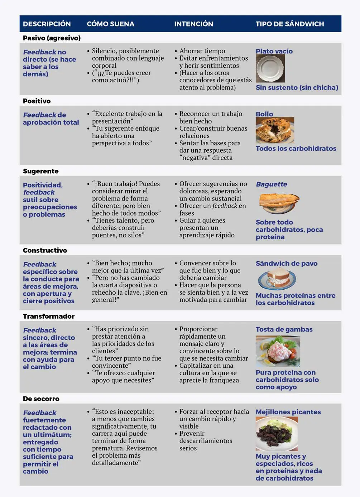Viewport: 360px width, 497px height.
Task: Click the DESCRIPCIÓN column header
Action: tap(47, 24)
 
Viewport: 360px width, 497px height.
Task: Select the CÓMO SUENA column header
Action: tap(110, 24)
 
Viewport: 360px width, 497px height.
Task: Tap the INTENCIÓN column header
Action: tap(193, 24)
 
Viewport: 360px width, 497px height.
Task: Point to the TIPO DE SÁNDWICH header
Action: tap(289, 24)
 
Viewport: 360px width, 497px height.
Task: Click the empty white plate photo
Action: tap(270, 69)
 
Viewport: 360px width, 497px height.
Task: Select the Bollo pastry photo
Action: tap(275, 130)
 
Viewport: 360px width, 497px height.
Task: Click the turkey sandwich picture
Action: tap(277, 279)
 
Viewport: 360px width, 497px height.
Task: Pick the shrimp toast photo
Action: tap(278, 351)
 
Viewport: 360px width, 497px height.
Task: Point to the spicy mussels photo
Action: tap(277, 434)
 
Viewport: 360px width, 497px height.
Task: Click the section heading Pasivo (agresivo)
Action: tap(52, 38)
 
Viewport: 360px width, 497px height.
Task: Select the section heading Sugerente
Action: tap(40, 171)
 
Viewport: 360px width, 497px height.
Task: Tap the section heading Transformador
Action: tap(49, 316)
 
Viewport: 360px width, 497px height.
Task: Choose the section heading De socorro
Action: tap(41, 399)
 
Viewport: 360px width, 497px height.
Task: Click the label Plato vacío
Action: tap(274, 51)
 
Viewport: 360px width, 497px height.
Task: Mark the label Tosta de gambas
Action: tap(284, 329)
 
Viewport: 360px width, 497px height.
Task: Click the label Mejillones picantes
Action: tap(288, 412)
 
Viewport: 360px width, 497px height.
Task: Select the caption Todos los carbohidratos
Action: tap(296, 149)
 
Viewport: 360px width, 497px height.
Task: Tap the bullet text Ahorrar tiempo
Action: tap(202, 51)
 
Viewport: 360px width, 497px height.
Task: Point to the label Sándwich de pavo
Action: tap(286, 264)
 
